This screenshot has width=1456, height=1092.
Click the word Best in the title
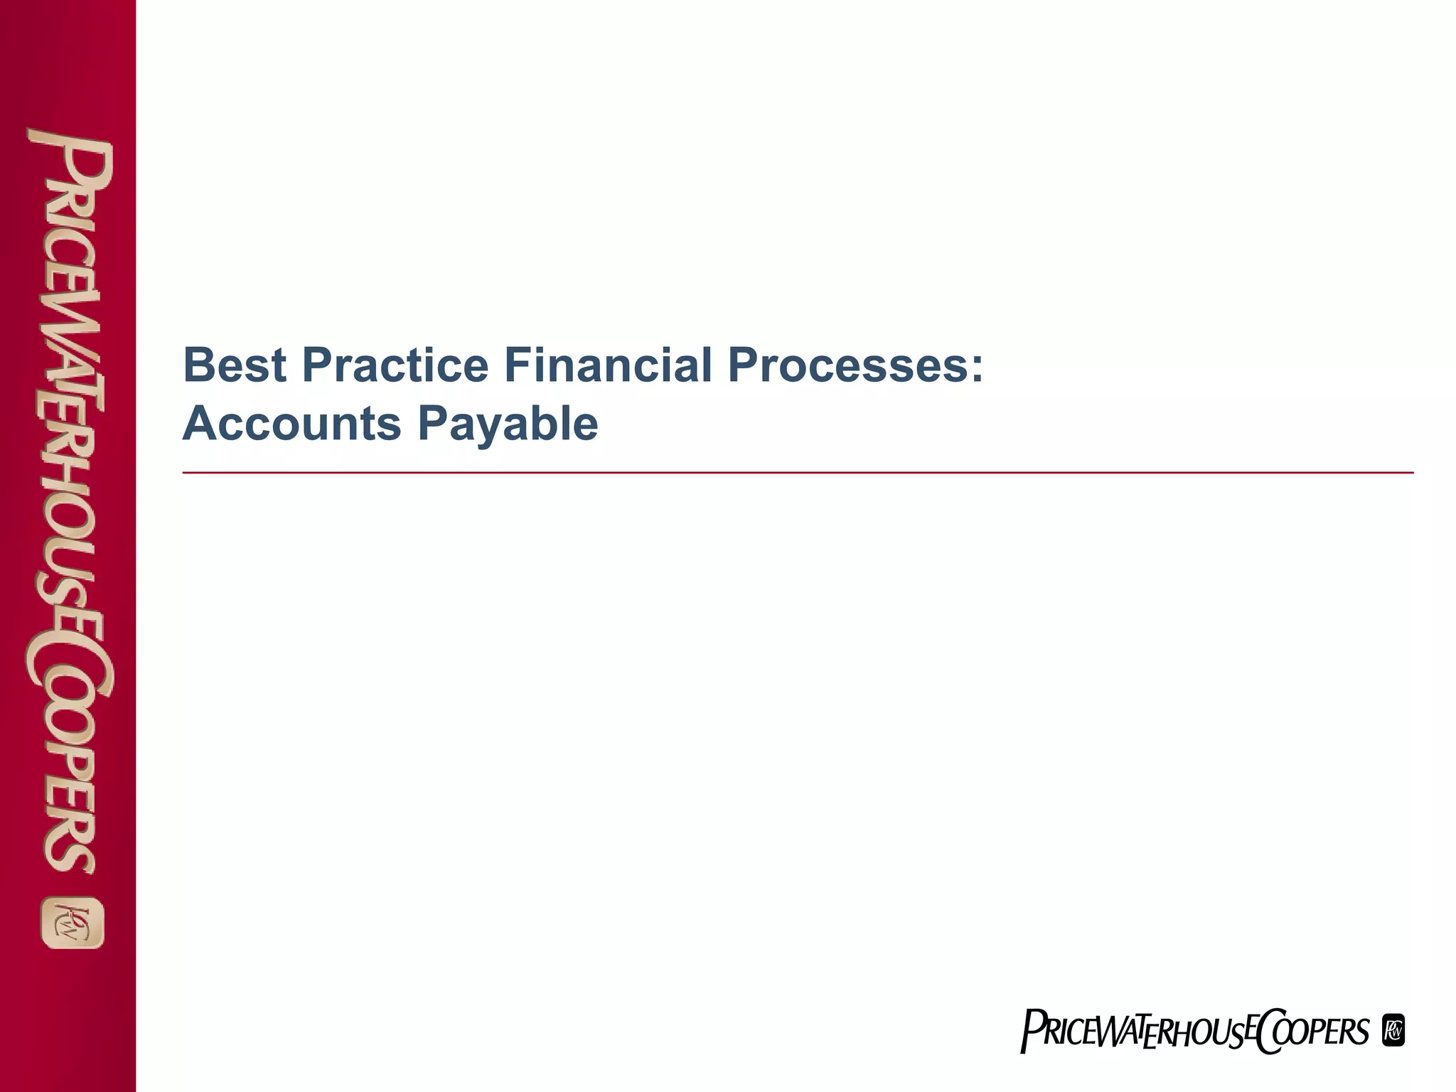(x=235, y=365)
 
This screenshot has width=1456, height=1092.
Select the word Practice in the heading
(x=395, y=365)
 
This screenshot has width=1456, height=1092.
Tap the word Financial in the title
(x=608, y=365)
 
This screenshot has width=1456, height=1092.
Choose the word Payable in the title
(x=508, y=424)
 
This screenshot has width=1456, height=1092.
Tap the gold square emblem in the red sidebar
(x=73, y=923)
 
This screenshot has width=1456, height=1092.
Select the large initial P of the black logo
(x=1031, y=1032)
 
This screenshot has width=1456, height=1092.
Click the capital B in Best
(x=198, y=365)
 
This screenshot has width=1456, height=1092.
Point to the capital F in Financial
(x=515, y=365)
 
